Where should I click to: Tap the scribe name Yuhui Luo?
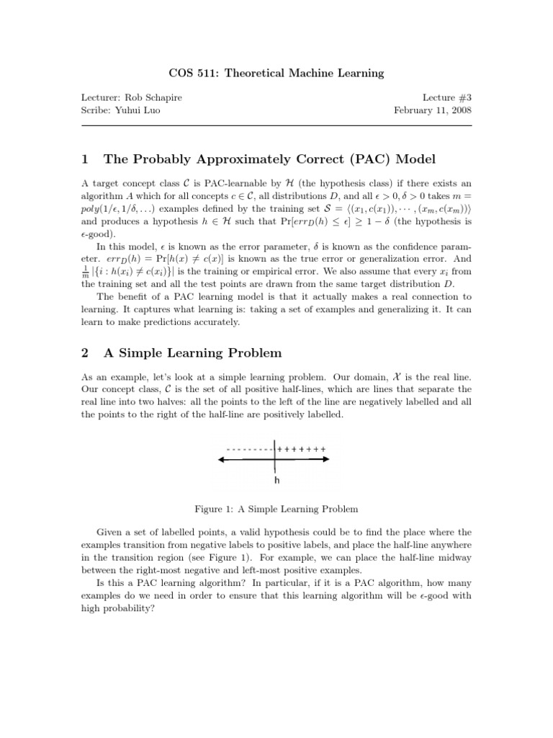144,110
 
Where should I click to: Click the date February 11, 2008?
431,110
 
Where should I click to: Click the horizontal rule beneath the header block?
276,126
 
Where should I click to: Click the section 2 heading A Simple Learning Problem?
192,353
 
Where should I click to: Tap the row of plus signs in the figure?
302,449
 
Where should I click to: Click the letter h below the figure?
276,480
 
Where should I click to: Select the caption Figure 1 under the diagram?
276,509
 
